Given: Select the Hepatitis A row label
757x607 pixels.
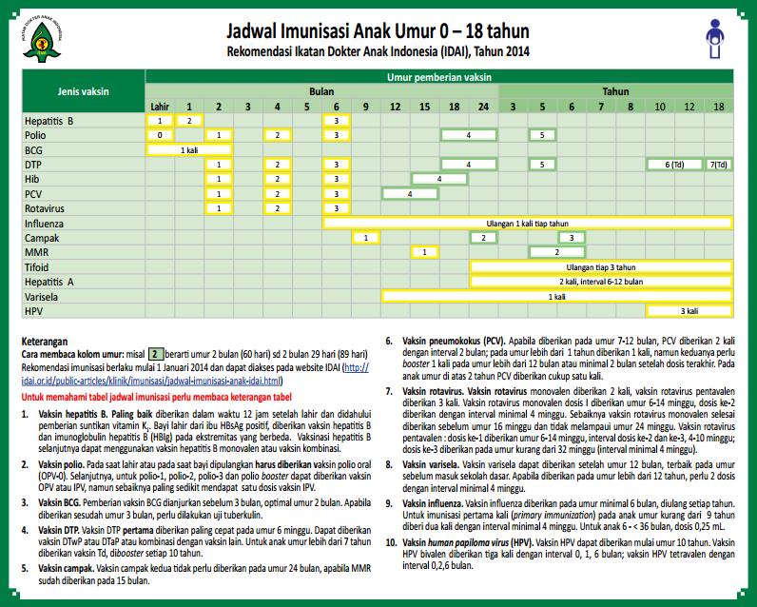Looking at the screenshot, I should (49, 282).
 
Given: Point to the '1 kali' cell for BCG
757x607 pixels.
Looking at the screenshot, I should (190, 149).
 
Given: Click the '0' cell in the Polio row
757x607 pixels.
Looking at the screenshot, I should (161, 135).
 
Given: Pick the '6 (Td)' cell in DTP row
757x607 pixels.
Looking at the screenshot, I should (673, 165).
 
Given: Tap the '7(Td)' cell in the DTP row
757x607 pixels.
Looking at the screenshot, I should (719, 165).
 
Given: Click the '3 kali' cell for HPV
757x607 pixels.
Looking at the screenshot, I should (689, 310).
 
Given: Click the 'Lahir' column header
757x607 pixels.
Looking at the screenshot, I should (161, 106).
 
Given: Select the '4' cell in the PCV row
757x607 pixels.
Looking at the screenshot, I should (409, 193).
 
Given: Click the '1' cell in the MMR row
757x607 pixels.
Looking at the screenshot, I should (424, 251).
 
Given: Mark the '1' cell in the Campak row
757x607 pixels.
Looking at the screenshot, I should (365, 237).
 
